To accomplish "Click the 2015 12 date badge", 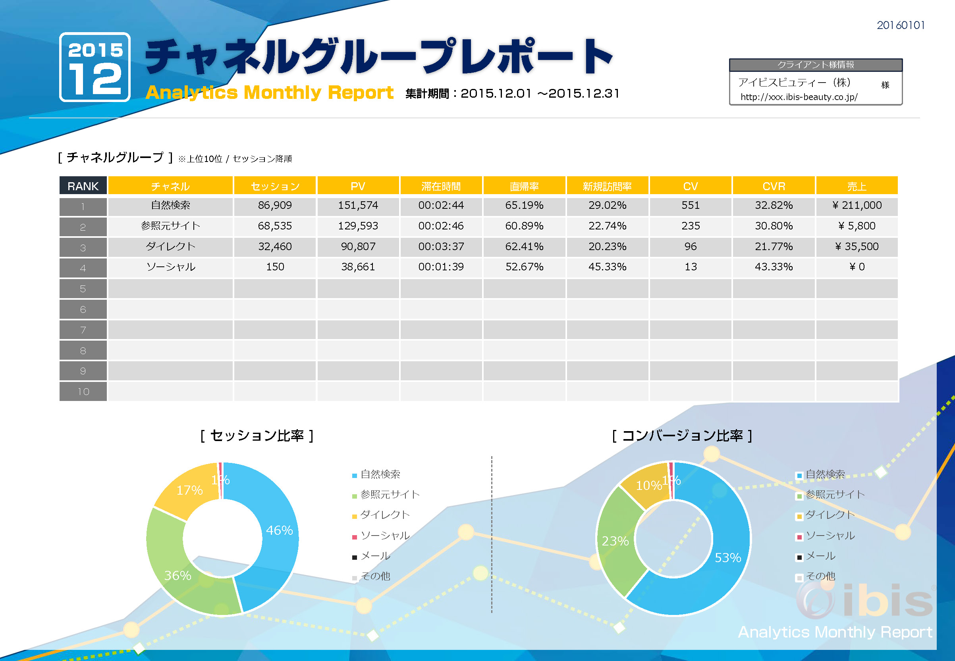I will point(95,67).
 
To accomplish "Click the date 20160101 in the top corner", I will point(900,26).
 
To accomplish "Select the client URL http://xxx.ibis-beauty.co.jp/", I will point(799,97).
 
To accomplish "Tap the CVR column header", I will point(773,186).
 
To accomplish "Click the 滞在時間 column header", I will point(441,186).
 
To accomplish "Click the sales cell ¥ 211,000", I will point(857,205).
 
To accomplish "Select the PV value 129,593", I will point(358,226).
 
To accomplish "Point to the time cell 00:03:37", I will point(441,247).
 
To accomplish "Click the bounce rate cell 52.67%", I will point(524,267).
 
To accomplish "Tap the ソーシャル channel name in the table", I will point(171,267).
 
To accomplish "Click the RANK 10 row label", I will point(83,391).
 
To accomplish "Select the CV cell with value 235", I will point(691,226).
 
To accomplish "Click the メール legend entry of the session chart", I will point(375,556).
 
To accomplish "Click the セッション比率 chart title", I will point(257,436).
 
